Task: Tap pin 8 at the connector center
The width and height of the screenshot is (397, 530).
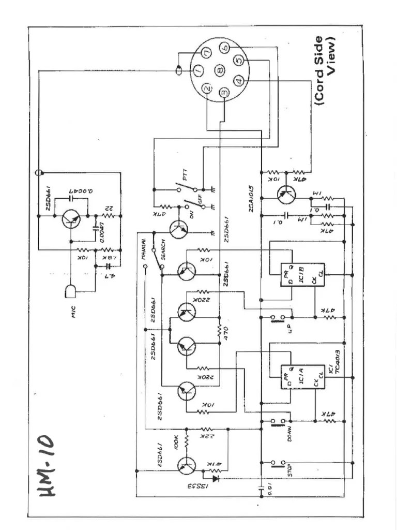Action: tap(219, 70)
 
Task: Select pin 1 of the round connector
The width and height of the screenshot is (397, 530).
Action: tap(198, 70)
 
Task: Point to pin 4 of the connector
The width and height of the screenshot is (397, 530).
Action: tap(238, 81)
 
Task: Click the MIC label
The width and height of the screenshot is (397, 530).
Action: tap(73, 311)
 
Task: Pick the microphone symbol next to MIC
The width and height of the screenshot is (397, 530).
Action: tap(71, 292)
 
